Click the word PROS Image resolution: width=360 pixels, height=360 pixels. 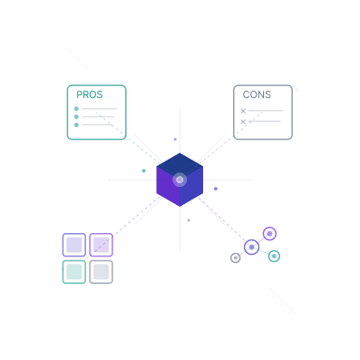[89, 95]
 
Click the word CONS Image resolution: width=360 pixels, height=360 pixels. [257, 95]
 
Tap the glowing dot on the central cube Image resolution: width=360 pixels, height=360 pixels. [180, 180]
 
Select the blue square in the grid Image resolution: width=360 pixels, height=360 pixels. [74, 245]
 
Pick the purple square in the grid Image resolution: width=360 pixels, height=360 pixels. [101, 245]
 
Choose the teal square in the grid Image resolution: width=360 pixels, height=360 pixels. [74, 271]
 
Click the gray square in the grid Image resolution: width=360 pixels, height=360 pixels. [101, 271]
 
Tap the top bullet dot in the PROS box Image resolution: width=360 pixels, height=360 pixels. [76, 109]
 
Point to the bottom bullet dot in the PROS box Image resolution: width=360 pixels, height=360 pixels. [76, 125]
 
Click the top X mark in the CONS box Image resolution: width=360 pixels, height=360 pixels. [243, 111]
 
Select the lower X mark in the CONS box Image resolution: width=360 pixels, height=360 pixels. [243, 122]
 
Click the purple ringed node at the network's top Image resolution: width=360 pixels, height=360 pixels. [268, 233]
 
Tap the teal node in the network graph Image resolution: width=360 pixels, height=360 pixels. [274, 257]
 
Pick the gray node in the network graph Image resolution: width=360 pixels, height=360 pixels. [236, 258]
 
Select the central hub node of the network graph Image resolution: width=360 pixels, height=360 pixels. [252, 247]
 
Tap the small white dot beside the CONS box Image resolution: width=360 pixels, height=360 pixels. [297, 90]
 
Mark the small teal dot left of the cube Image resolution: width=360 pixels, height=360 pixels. [143, 170]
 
